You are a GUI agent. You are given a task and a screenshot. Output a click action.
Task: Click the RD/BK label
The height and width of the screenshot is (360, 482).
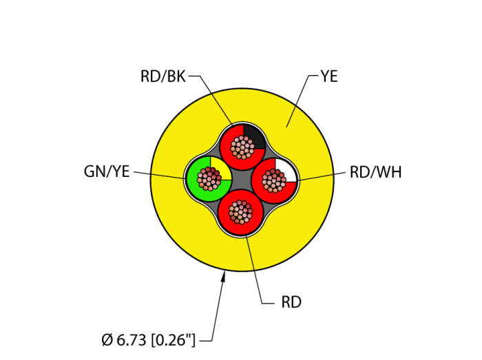click(163, 76)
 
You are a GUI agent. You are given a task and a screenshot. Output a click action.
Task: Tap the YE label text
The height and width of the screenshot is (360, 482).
click(328, 76)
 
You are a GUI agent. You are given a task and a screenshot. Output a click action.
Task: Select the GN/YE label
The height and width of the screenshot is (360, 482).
click(107, 171)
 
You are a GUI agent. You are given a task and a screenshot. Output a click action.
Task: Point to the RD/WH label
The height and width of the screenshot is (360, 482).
click(375, 172)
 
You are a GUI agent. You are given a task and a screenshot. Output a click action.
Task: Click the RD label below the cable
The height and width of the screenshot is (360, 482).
click(291, 302)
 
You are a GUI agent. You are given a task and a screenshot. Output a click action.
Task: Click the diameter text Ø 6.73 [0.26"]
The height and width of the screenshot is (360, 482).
click(148, 339)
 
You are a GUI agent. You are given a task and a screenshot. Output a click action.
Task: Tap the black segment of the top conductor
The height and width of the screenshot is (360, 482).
click(254, 135)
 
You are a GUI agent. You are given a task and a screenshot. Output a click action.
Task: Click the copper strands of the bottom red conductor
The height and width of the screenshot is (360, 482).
click(241, 212)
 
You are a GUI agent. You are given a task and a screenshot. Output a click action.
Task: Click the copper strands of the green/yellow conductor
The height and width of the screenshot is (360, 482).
click(209, 178)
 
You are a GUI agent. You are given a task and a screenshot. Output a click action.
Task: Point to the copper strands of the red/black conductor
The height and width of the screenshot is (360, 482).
click(242, 147)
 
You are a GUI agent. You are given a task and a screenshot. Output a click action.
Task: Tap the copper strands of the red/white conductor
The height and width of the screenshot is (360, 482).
click(273, 180)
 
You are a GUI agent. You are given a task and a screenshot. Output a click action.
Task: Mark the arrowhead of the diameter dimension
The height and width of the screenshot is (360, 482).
click(223, 277)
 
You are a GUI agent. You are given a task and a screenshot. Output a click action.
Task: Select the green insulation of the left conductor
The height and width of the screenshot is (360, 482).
click(196, 189)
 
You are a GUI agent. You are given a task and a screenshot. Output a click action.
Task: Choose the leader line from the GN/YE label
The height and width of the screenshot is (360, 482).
click(158, 175)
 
